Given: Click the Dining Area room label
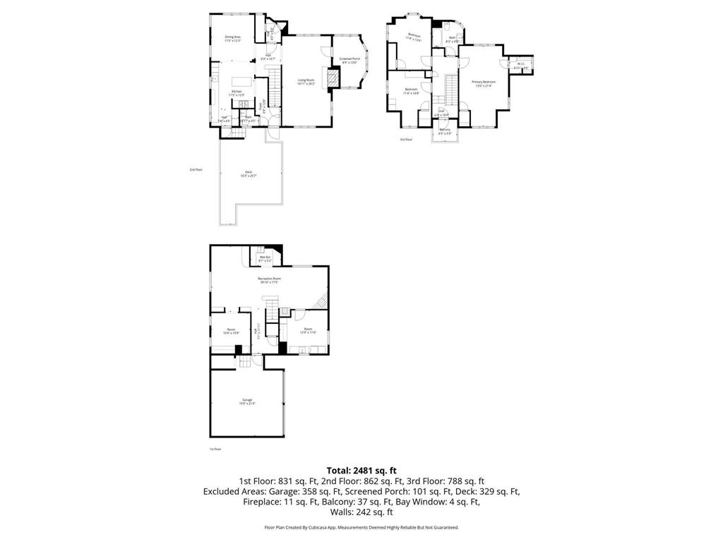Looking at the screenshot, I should point(233,38).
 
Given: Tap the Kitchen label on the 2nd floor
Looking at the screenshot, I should point(237,92).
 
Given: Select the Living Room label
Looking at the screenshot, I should point(306,81).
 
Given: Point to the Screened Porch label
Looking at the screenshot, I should point(350,60).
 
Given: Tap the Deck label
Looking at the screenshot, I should point(248,174).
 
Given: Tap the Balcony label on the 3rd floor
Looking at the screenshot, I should point(445,131).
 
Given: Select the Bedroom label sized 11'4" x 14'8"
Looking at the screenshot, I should point(412,91).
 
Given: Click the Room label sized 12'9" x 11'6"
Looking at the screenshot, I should point(308,330).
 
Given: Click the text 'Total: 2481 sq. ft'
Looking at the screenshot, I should point(361,470).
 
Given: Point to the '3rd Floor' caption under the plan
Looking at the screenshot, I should point(406,140).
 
